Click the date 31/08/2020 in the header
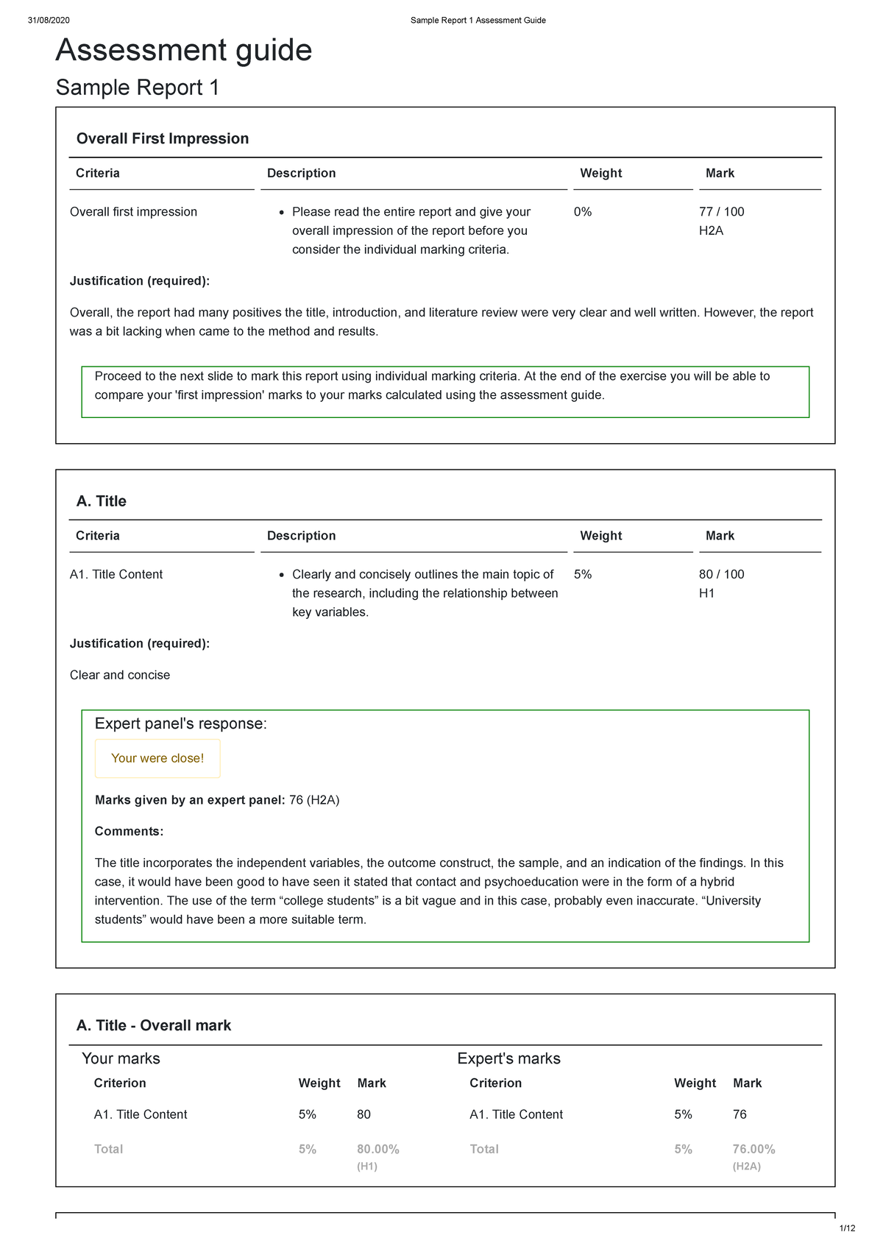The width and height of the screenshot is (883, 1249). coord(49,21)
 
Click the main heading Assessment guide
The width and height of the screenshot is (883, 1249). coord(184,50)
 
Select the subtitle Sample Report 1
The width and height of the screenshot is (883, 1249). coord(138,88)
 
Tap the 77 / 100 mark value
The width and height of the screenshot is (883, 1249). coord(721,212)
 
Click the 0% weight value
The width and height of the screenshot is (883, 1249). coord(582,212)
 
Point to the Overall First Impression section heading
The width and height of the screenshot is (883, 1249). coord(163,138)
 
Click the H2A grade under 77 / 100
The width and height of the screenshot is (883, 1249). coord(711,231)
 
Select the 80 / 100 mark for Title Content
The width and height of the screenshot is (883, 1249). coord(721,574)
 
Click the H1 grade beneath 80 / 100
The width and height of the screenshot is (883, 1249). coord(706,593)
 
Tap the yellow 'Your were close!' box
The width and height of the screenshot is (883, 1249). coord(157,758)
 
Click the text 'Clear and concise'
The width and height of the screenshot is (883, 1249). coord(120,675)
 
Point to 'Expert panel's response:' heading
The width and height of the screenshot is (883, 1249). coord(181,723)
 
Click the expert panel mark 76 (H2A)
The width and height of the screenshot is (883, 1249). coord(314,800)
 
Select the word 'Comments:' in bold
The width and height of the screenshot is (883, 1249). coord(129,832)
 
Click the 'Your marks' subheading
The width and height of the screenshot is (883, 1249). coord(121,1058)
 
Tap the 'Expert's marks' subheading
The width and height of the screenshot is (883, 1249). coord(508,1058)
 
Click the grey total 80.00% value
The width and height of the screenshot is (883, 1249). coord(378,1149)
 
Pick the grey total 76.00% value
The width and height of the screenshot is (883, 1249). coord(753,1149)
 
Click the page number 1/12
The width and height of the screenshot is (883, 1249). coord(847,1228)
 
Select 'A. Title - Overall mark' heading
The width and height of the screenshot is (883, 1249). coord(154,1025)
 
